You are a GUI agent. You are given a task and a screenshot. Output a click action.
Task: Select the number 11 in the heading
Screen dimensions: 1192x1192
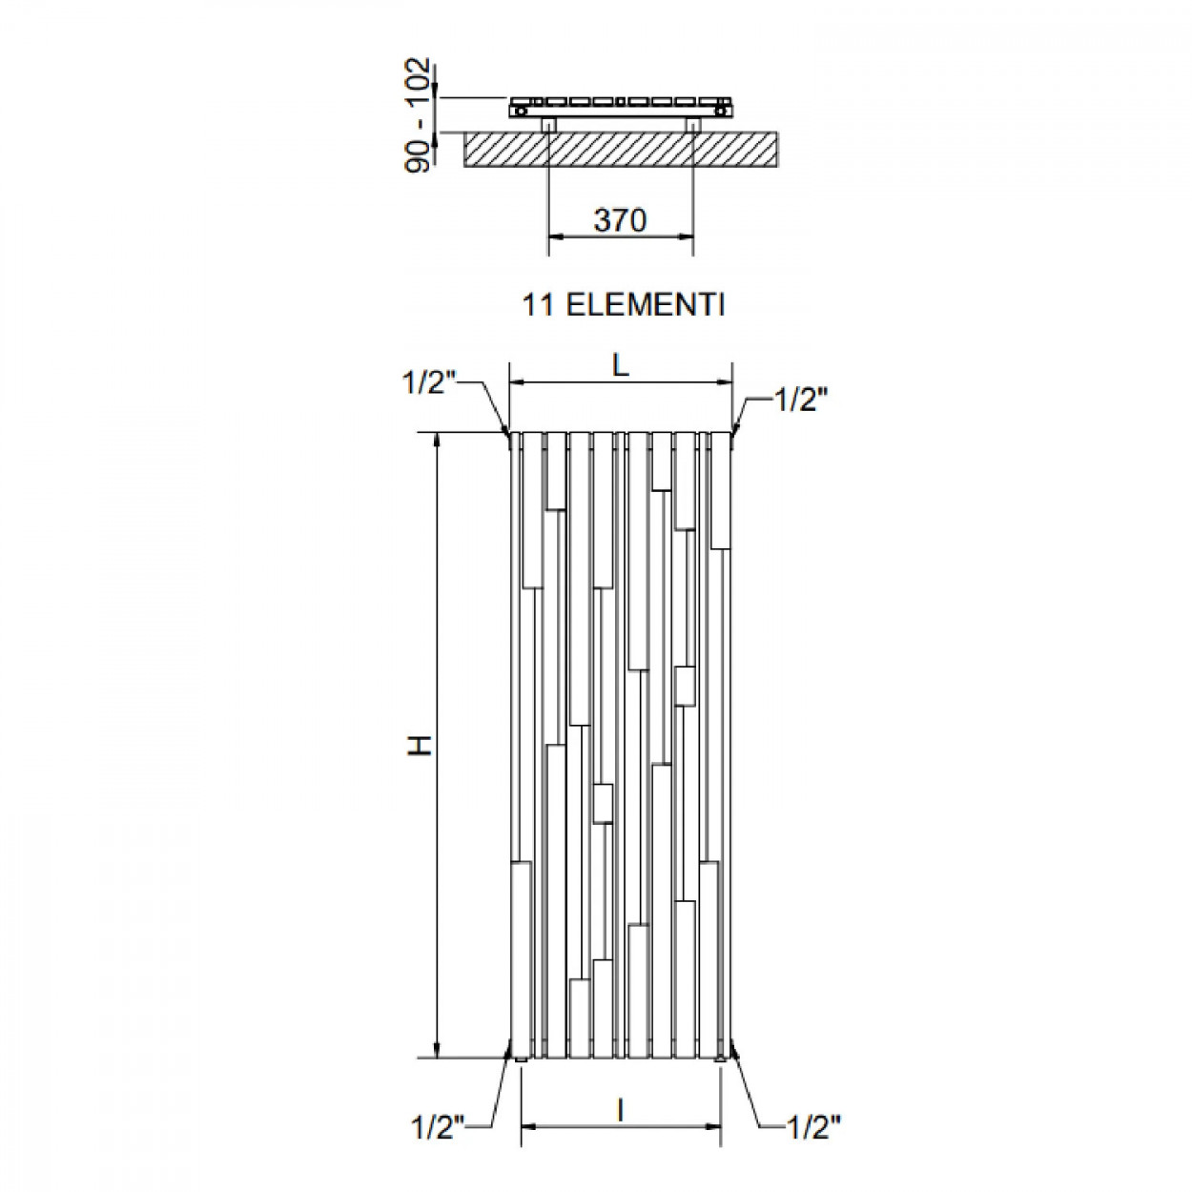point(538,305)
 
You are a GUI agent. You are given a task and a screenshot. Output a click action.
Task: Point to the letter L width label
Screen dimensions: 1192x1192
point(621,367)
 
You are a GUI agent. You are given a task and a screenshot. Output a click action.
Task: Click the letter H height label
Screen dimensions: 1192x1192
point(421,746)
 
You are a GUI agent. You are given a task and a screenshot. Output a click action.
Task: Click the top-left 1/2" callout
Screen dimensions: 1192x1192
point(429,383)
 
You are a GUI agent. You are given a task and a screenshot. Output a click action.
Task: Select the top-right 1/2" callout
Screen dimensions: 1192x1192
point(800,401)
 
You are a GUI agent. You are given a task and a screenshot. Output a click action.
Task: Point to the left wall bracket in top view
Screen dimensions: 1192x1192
point(549,124)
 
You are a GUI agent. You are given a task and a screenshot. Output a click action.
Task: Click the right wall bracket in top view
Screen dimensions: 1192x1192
point(693,124)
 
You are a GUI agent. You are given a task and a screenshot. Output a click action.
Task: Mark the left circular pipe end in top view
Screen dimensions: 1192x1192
point(522,112)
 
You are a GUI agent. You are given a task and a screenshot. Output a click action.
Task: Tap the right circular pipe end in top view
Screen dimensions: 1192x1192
point(720,112)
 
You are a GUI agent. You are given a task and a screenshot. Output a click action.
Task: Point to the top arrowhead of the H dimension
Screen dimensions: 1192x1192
point(438,441)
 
